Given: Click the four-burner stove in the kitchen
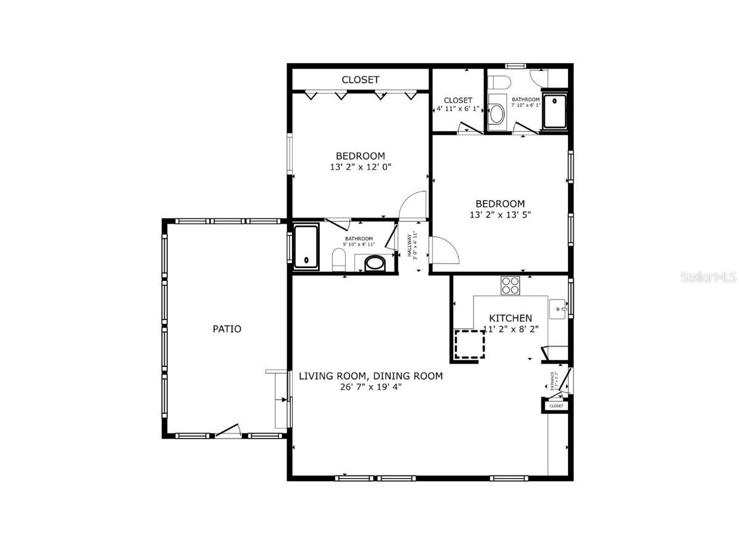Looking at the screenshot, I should tap(510, 285).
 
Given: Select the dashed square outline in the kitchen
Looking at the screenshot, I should tap(469, 344).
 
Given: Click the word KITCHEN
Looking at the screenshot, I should tap(510, 318).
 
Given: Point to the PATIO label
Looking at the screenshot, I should tap(227, 329).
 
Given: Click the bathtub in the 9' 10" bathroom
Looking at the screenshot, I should tap(306, 247).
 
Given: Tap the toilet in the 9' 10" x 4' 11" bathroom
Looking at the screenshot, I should tap(338, 260).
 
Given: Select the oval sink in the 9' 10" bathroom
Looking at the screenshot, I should tap(375, 264).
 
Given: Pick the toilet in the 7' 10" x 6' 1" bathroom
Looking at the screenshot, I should tap(498, 82).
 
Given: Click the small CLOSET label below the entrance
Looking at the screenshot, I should tap(556, 406).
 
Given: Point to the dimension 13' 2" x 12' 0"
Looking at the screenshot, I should tap(361, 167).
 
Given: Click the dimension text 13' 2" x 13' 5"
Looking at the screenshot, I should tap(500, 215).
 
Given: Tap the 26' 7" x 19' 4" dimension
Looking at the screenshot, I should tap(370, 387).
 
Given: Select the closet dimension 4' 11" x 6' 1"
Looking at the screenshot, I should tap(457, 109).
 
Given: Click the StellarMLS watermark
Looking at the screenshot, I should tap(709, 277).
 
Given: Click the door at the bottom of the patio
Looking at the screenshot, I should tap(227, 432).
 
